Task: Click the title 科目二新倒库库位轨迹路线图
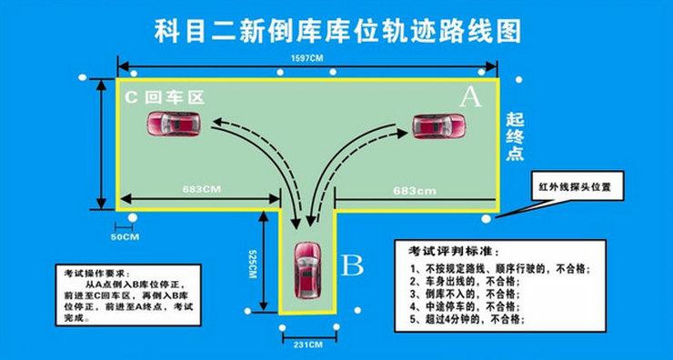tap(337, 29)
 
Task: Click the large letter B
tap(352, 265)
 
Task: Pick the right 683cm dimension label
tap(415, 190)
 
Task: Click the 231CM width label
tap(306, 345)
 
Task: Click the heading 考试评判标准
tap(454, 250)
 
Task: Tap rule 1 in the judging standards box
tap(501, 269)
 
